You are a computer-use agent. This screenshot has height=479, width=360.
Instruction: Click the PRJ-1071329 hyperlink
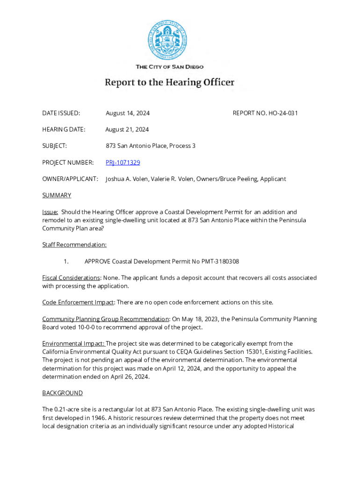122,162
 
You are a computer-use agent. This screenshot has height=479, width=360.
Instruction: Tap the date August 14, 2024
128,113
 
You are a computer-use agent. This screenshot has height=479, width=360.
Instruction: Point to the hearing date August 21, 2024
127,129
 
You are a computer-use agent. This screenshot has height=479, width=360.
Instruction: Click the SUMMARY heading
57,195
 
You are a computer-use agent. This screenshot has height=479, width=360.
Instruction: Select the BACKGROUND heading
62,393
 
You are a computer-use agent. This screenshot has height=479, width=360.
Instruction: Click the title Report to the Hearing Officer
169,83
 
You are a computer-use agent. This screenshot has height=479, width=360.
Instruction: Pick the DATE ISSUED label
61,113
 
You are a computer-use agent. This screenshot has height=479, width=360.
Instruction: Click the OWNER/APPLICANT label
70,179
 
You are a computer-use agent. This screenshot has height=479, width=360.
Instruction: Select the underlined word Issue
50,212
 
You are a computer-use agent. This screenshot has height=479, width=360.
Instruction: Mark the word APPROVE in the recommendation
97,261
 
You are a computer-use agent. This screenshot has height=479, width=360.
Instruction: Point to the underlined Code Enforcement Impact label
78,302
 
